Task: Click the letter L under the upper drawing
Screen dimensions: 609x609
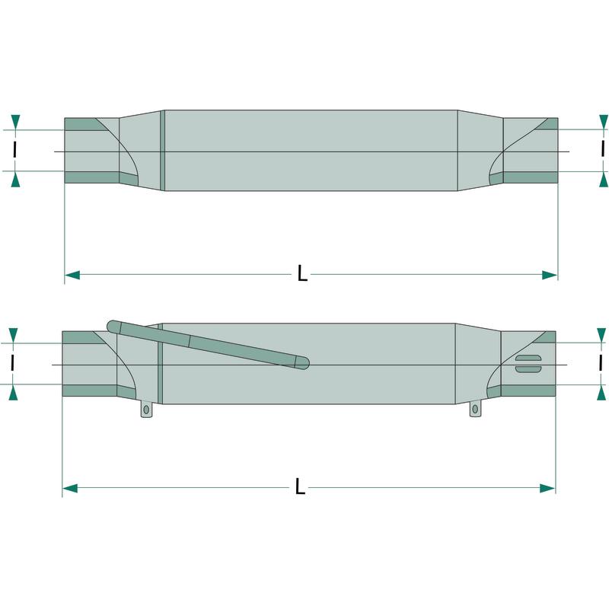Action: (x=302, y=273)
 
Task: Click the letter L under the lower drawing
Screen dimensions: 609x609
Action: (x=300, y=486)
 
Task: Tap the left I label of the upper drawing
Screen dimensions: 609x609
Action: (x=14, y=150)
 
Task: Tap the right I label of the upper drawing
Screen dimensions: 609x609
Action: (x=602, y=148)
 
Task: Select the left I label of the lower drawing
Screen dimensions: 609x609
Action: (x=13, y=363)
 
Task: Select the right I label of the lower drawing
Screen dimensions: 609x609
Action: (x=601, y=364)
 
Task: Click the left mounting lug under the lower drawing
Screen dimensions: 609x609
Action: (x=146, y=410)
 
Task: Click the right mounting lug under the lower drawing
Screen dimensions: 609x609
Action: (x=475, y=409)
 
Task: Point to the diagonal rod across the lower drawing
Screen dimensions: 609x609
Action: (x=208, y=345)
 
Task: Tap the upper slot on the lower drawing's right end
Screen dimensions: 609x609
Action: (x=528, y=358)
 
